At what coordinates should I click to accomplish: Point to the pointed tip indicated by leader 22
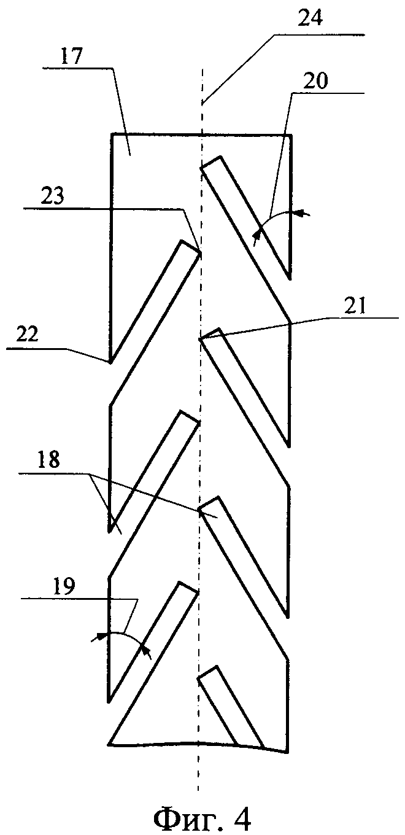[x=110, y=362]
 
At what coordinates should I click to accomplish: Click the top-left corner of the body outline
[x=111, y=134]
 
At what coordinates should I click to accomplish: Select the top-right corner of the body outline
[x=290, y=134]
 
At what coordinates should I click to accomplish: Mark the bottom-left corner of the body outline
[x=109, y=745]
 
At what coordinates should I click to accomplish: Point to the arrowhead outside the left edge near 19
[x=96, y=639]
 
